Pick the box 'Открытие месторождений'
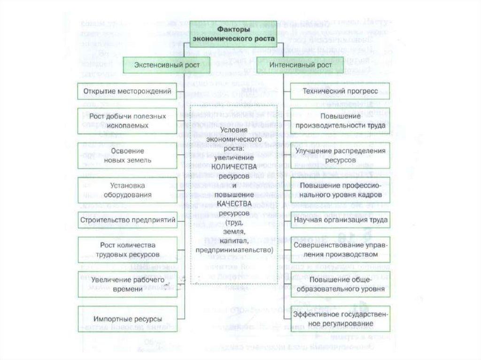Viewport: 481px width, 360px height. point(127,91)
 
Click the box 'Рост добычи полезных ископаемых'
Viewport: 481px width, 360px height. point(127,121)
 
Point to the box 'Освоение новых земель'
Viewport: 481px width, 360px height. point(127,155)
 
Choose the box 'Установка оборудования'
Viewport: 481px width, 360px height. point(127,190)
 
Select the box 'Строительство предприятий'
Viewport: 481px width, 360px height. point(127,219)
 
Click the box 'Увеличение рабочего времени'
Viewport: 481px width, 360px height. point(127,284)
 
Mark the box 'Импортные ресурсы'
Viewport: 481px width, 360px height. point(127,319)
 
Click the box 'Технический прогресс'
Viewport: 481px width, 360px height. point(340,91)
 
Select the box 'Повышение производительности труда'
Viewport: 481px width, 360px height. point(340,121)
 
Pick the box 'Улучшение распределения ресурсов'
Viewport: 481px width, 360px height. point(340,155)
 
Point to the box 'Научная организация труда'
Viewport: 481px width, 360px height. point(340,219)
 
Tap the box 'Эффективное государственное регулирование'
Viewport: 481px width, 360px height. point(340,319)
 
